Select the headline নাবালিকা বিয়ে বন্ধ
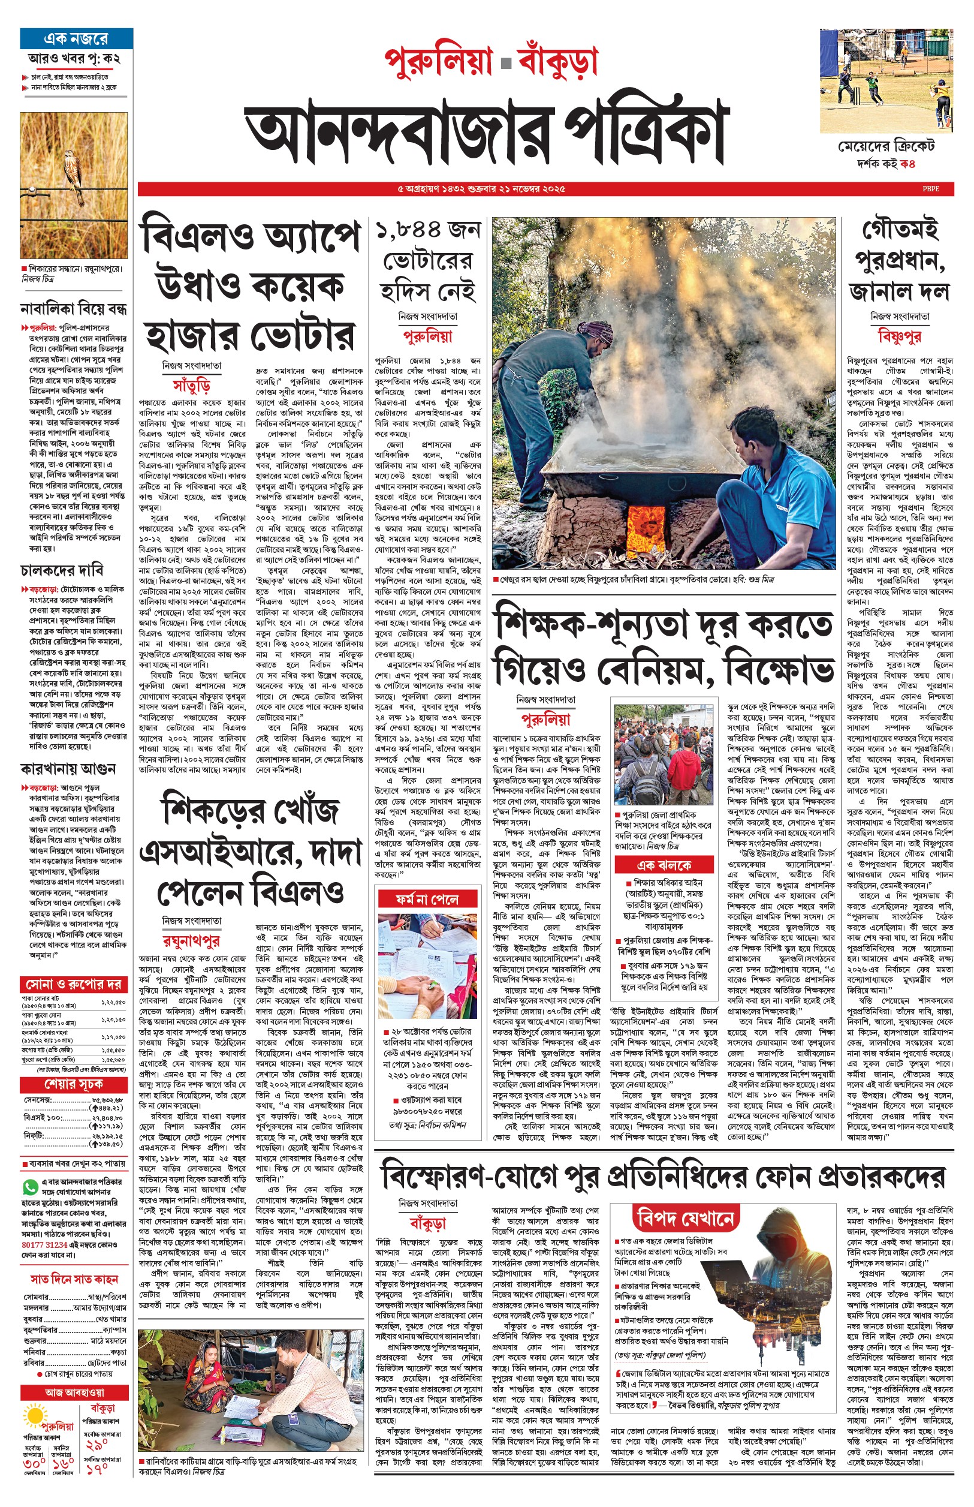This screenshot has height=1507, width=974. [73, 309]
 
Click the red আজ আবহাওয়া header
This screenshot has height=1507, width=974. [74, 1392]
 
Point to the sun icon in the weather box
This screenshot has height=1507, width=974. [34, 1416]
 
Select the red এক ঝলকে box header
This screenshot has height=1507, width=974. [664, 865]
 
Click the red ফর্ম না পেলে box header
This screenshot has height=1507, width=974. [427, 899]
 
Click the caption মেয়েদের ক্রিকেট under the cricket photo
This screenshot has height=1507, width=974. [886, 147]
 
